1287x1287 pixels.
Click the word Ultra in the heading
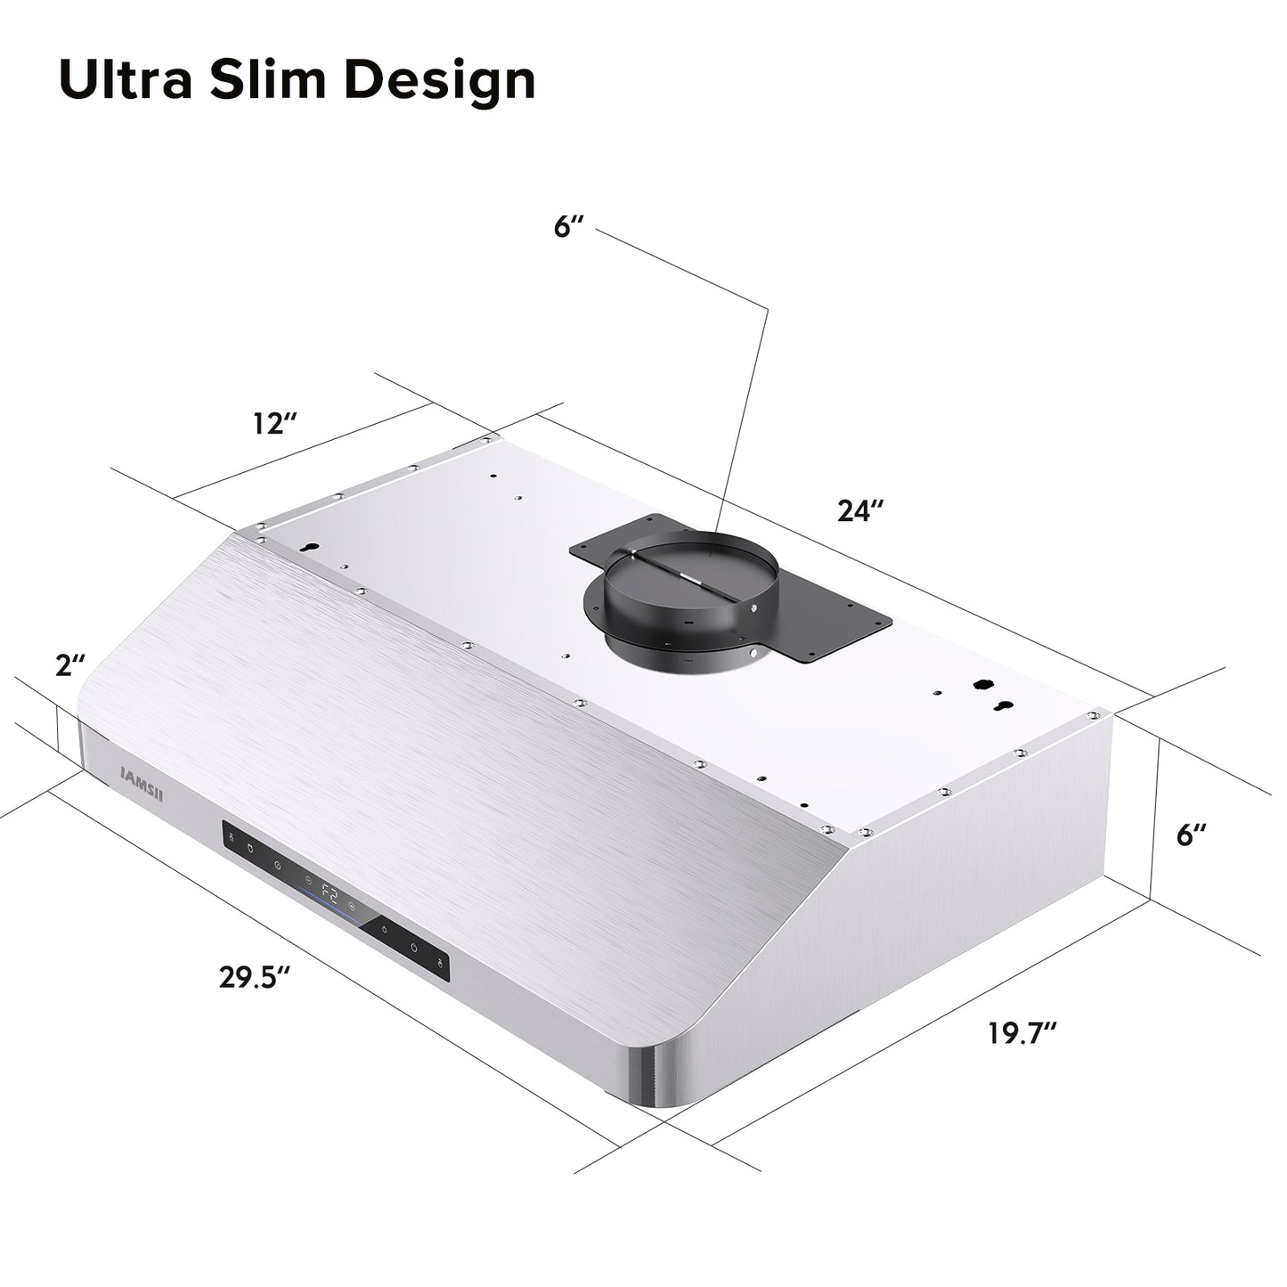[x=125, y=80]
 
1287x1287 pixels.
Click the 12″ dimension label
[x=273, y=423]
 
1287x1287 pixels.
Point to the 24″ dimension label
[x=859, y=510]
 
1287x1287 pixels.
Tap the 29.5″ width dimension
[x=255, y=976]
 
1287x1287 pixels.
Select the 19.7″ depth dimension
[x=1022, y=1034]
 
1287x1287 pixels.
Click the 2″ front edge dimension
[x=69, y=664]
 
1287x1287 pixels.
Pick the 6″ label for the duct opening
[x=567, y=226]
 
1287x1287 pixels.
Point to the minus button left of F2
[x=307, y=876]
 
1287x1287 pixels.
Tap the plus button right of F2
[x=354, y=908]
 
